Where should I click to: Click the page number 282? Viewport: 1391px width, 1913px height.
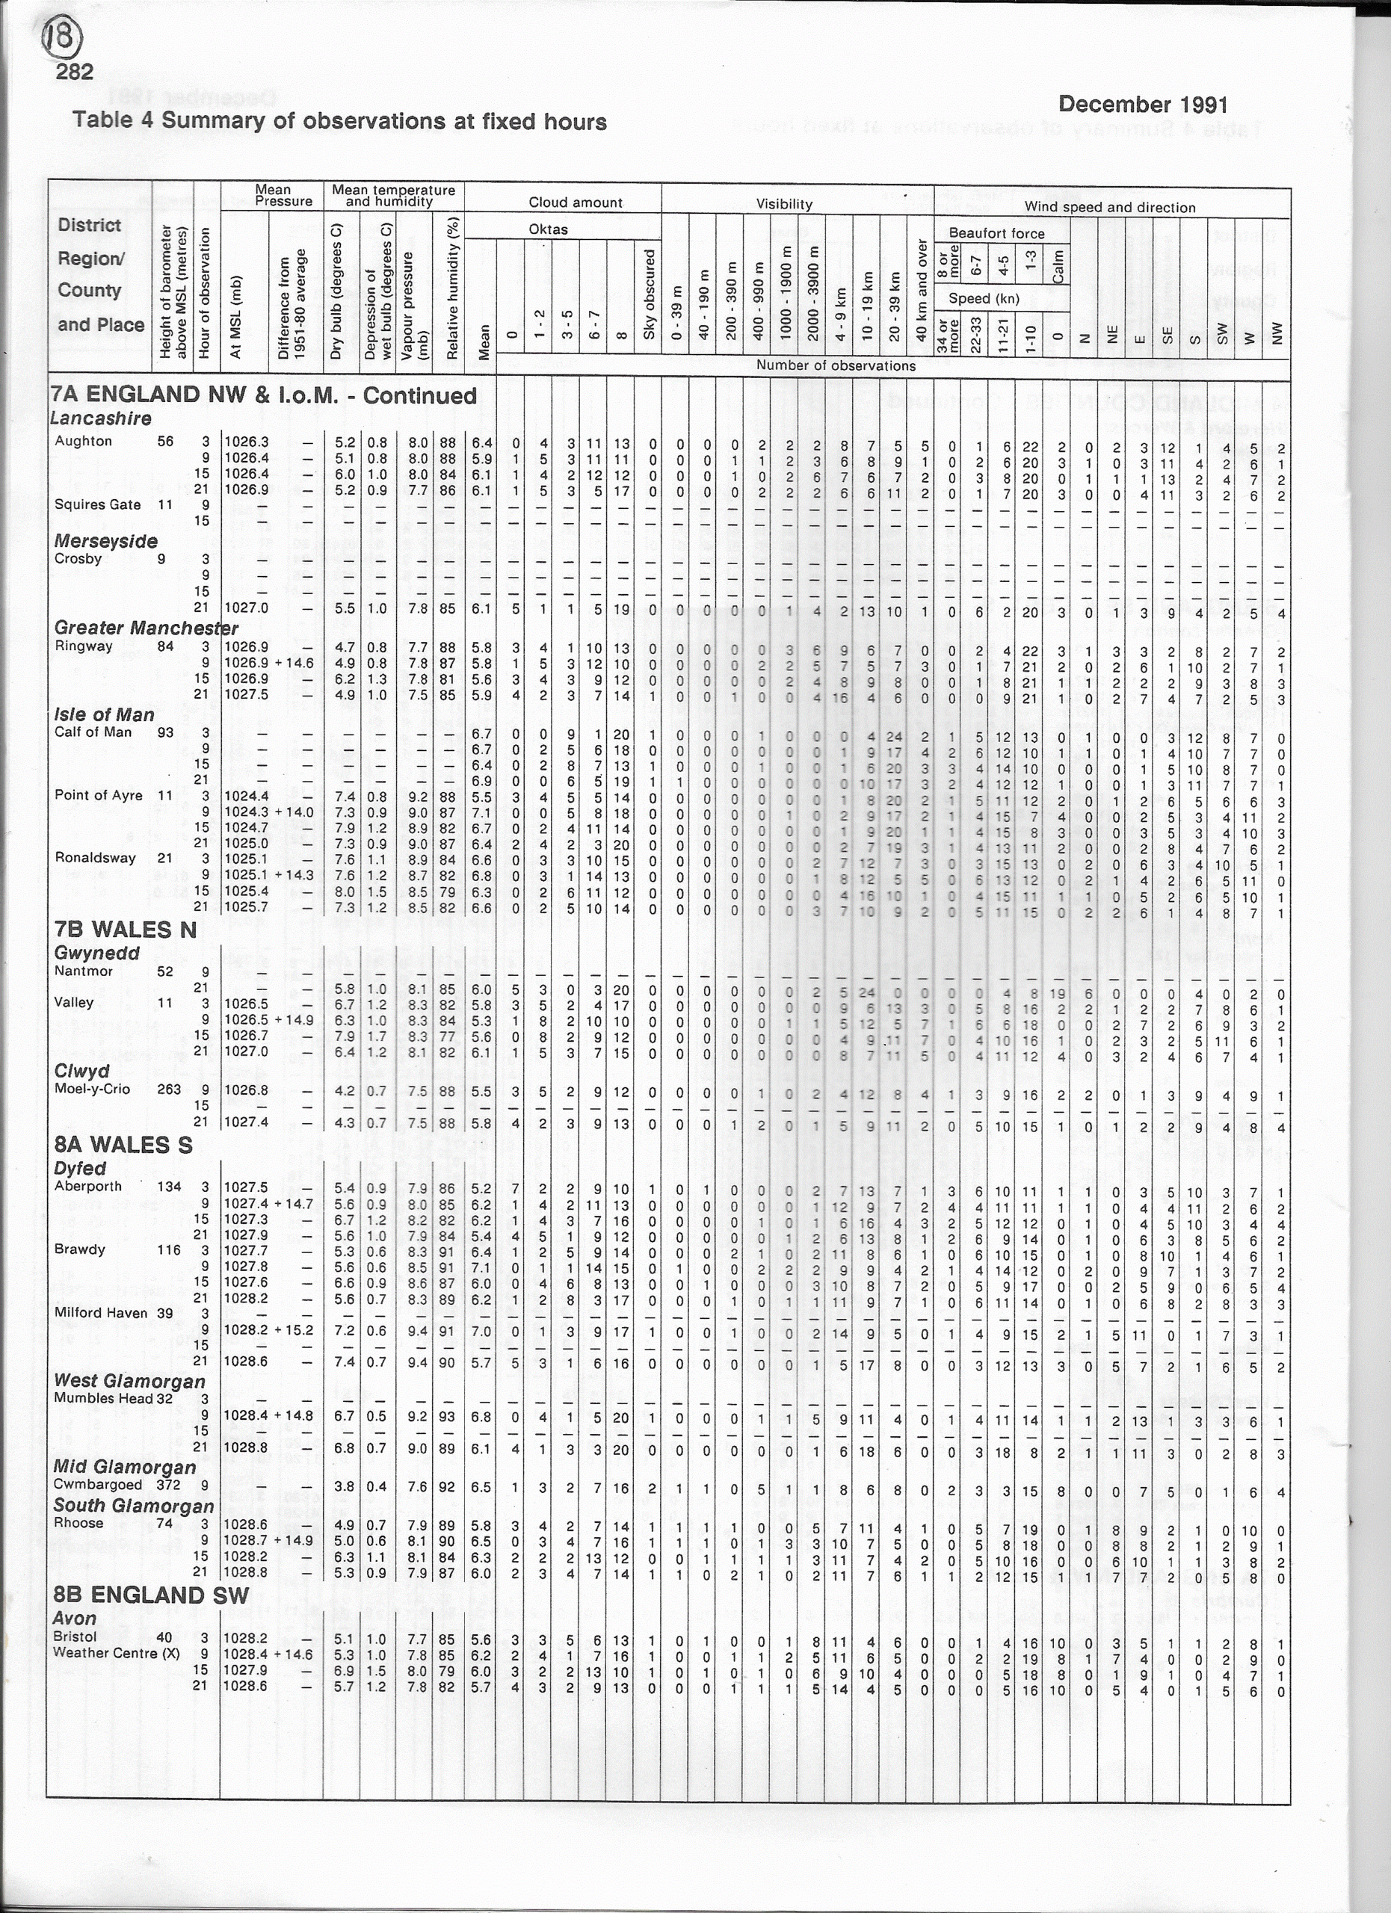click(74, 72)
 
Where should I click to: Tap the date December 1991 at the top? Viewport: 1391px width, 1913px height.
click(1142, 105)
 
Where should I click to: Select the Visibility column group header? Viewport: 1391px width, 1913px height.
click(783, 204)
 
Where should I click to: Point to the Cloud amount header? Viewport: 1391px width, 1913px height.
click(576, 203)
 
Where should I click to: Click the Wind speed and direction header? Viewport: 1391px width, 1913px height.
click(1109, 208)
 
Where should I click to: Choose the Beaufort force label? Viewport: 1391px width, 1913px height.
click(996, 234)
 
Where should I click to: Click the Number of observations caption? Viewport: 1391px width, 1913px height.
click(835, 366)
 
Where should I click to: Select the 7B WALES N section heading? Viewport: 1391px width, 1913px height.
click(124, 930)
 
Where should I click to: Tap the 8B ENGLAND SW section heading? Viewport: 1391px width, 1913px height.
click(151, 1594)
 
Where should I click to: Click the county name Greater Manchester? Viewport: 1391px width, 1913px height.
click(146, 628)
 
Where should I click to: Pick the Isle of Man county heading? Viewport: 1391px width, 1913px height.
click(104, 714)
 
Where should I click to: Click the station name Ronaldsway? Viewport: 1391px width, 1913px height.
click(96, 858)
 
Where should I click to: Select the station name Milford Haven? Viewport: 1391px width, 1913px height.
click(101, 1312)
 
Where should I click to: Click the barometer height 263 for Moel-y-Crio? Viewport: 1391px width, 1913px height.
click(169, 1089)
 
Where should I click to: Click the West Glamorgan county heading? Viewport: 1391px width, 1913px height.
click(129, 1381)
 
